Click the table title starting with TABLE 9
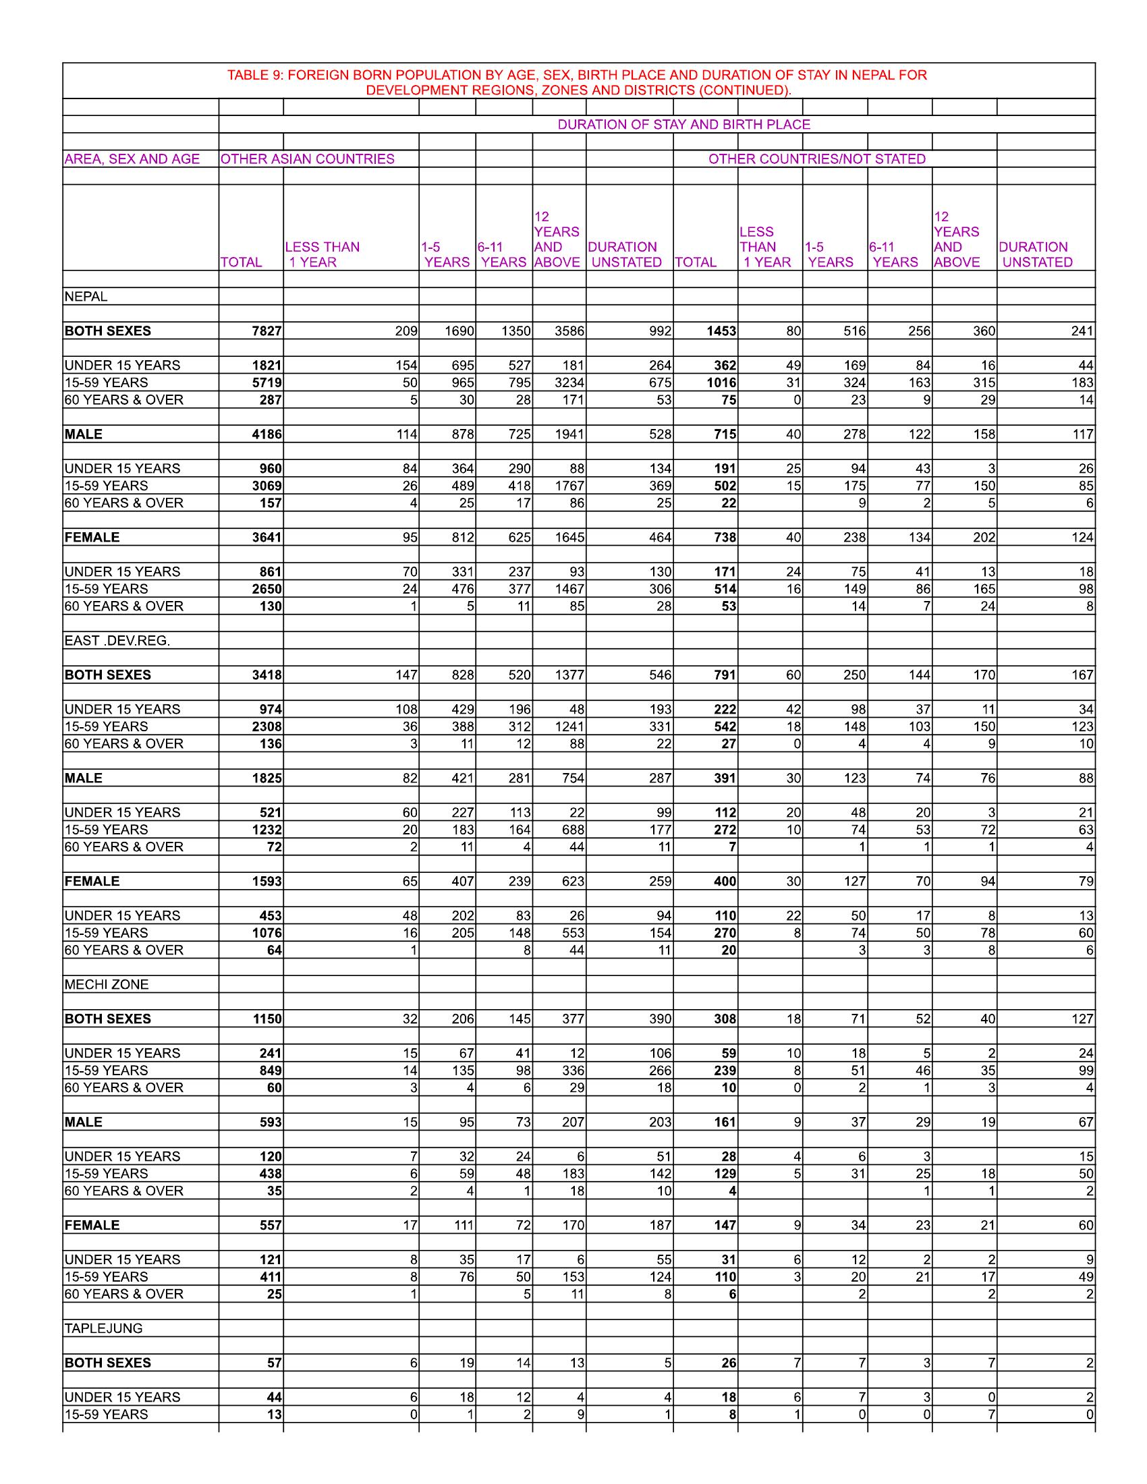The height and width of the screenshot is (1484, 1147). pos(577,82)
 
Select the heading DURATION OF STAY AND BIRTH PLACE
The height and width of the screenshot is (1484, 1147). pos(683,124)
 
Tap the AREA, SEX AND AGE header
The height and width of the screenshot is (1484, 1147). pos(132,159)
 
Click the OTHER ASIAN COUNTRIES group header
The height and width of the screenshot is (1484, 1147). pos(307,159)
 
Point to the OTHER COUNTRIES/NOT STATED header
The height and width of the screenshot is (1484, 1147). pos(817,159)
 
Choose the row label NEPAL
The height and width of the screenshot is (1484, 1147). pos(86,297)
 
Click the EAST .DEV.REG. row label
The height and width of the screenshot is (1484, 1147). pos(117,641)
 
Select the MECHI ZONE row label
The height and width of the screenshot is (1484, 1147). pos(106,985)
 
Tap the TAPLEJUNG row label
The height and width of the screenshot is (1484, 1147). pos(103,1328)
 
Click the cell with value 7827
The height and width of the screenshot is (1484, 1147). pos(267,331)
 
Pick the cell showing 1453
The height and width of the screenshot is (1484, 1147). pos(723,331)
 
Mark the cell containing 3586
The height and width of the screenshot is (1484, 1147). pos(569,331)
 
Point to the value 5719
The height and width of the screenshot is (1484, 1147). pos(267,382)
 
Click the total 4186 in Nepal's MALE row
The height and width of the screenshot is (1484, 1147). pos(267,434)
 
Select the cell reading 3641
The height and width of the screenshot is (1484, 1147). pos(267,538)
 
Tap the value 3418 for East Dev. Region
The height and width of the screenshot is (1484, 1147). pos(267,675)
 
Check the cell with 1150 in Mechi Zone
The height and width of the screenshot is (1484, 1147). pos(267,1019)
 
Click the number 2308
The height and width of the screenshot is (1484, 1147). pos(267,726)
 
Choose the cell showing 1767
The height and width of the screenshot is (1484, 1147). pos(569,486)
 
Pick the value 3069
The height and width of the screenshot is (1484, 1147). pos(267,486)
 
